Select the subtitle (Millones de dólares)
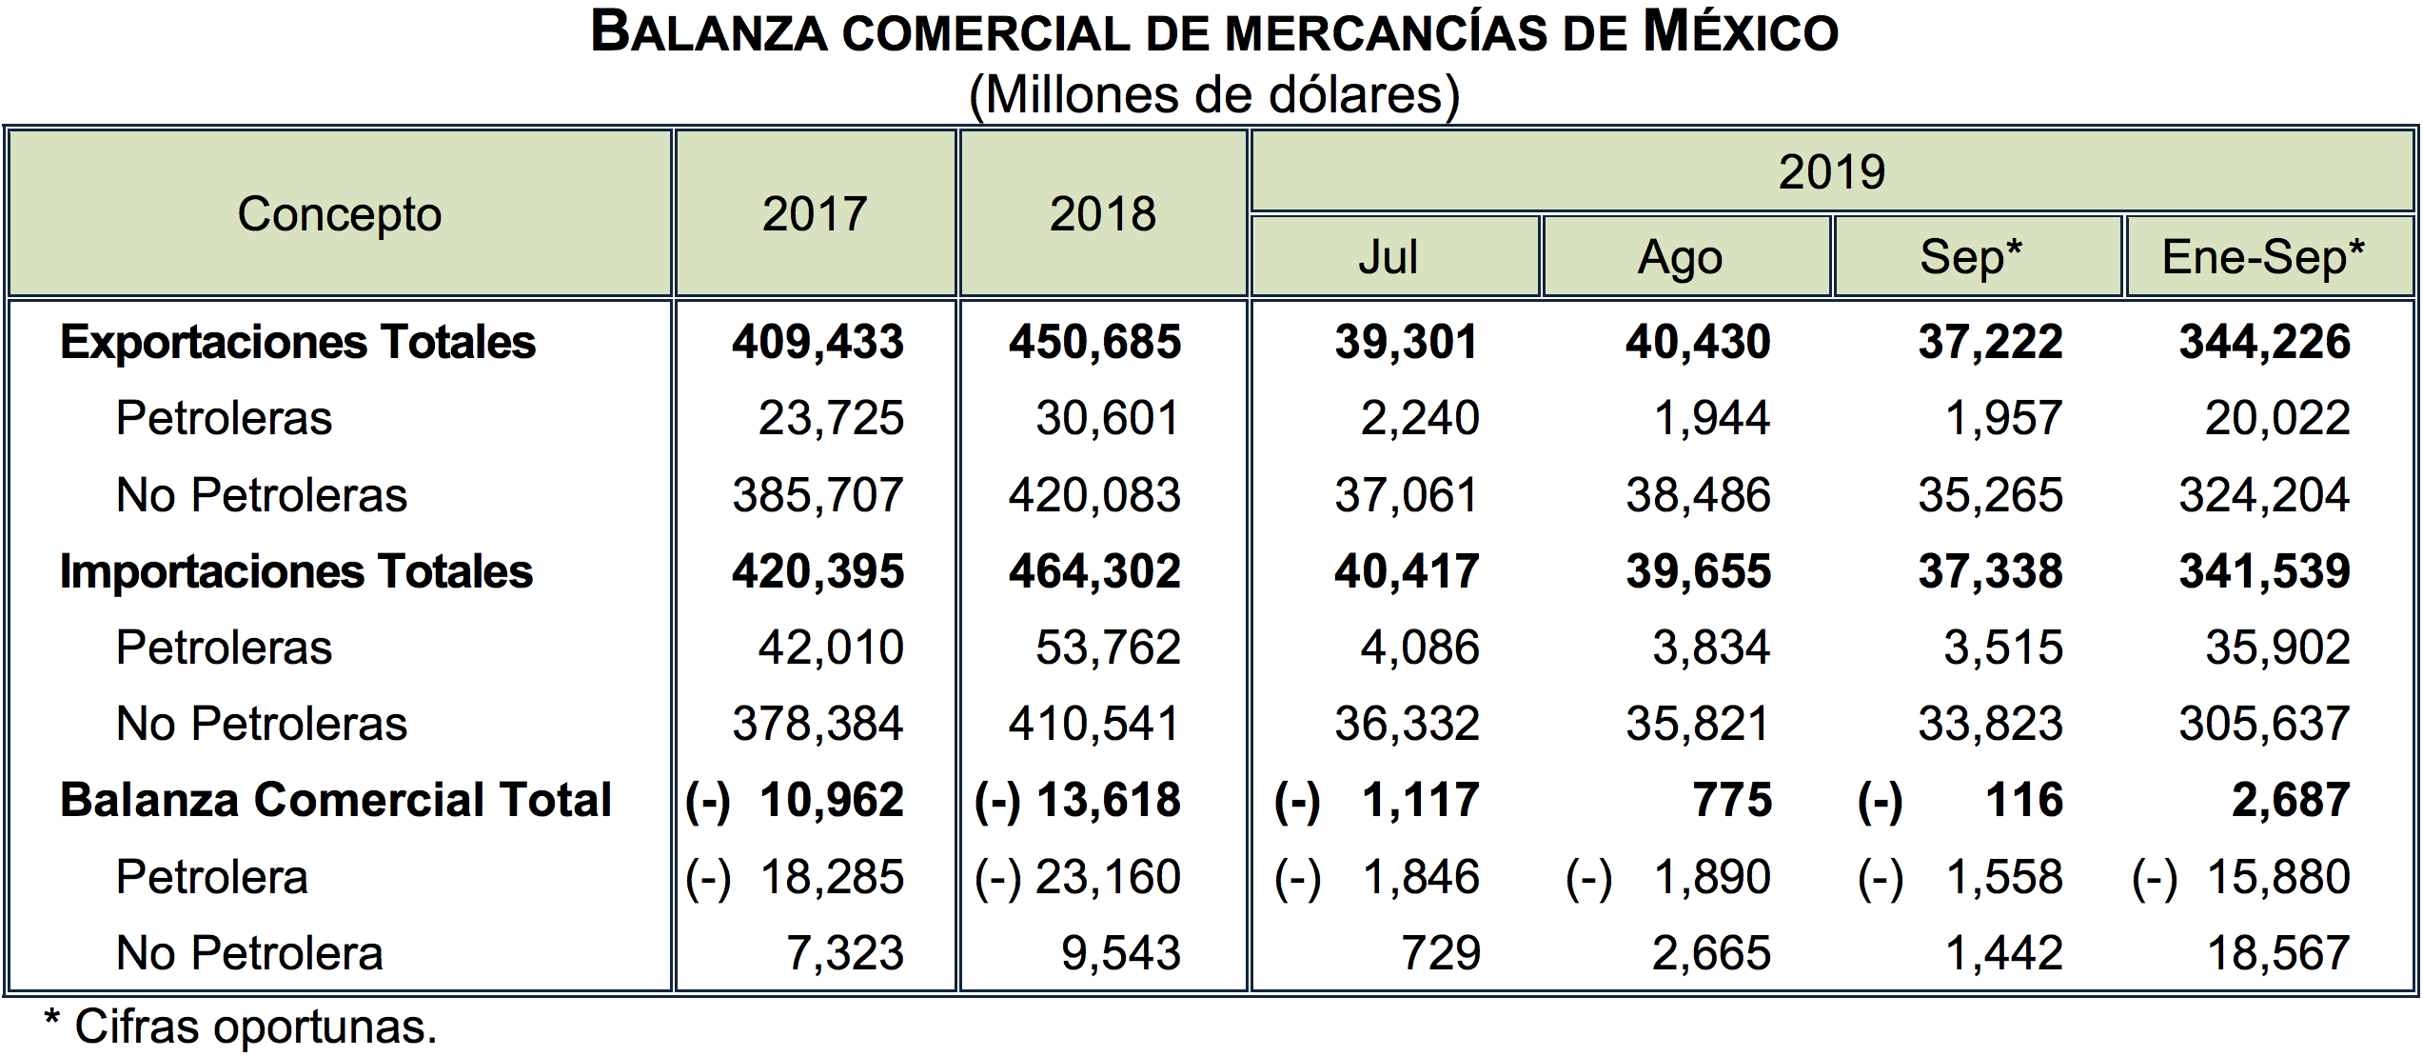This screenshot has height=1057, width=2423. (1213, 95)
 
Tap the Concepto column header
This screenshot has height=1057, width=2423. (340, 214)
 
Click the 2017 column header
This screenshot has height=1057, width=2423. (815, 214)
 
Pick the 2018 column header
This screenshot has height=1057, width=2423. (1102, 214)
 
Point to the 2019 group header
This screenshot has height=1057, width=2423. (1831, 172)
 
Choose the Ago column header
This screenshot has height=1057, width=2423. (1680, 257)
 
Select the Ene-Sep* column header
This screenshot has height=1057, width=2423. (2263, 257)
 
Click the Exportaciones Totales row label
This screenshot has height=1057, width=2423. (297, 342)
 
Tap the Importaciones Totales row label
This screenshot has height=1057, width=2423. (296, 571)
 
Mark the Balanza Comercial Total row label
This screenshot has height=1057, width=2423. (335, 800)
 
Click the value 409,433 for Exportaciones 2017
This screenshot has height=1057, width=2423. (818, 342)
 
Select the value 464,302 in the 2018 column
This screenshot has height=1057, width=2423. (1094, 571)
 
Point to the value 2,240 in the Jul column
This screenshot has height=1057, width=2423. (1419, 418)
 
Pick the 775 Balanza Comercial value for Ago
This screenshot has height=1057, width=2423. (1731, 800)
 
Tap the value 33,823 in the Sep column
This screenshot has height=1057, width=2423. (1990, 724)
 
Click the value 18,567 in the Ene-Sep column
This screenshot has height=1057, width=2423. (2278, 953)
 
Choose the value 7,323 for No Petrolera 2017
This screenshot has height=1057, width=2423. (844, 953)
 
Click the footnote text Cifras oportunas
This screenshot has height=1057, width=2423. (255, 1027)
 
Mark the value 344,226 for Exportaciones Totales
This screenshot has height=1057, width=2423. (2265, 342)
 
